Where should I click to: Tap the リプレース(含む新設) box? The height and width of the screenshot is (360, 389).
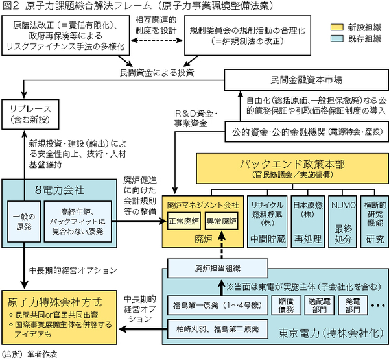pos(25,114)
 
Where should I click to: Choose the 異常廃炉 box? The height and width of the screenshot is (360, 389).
pos(221,221)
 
